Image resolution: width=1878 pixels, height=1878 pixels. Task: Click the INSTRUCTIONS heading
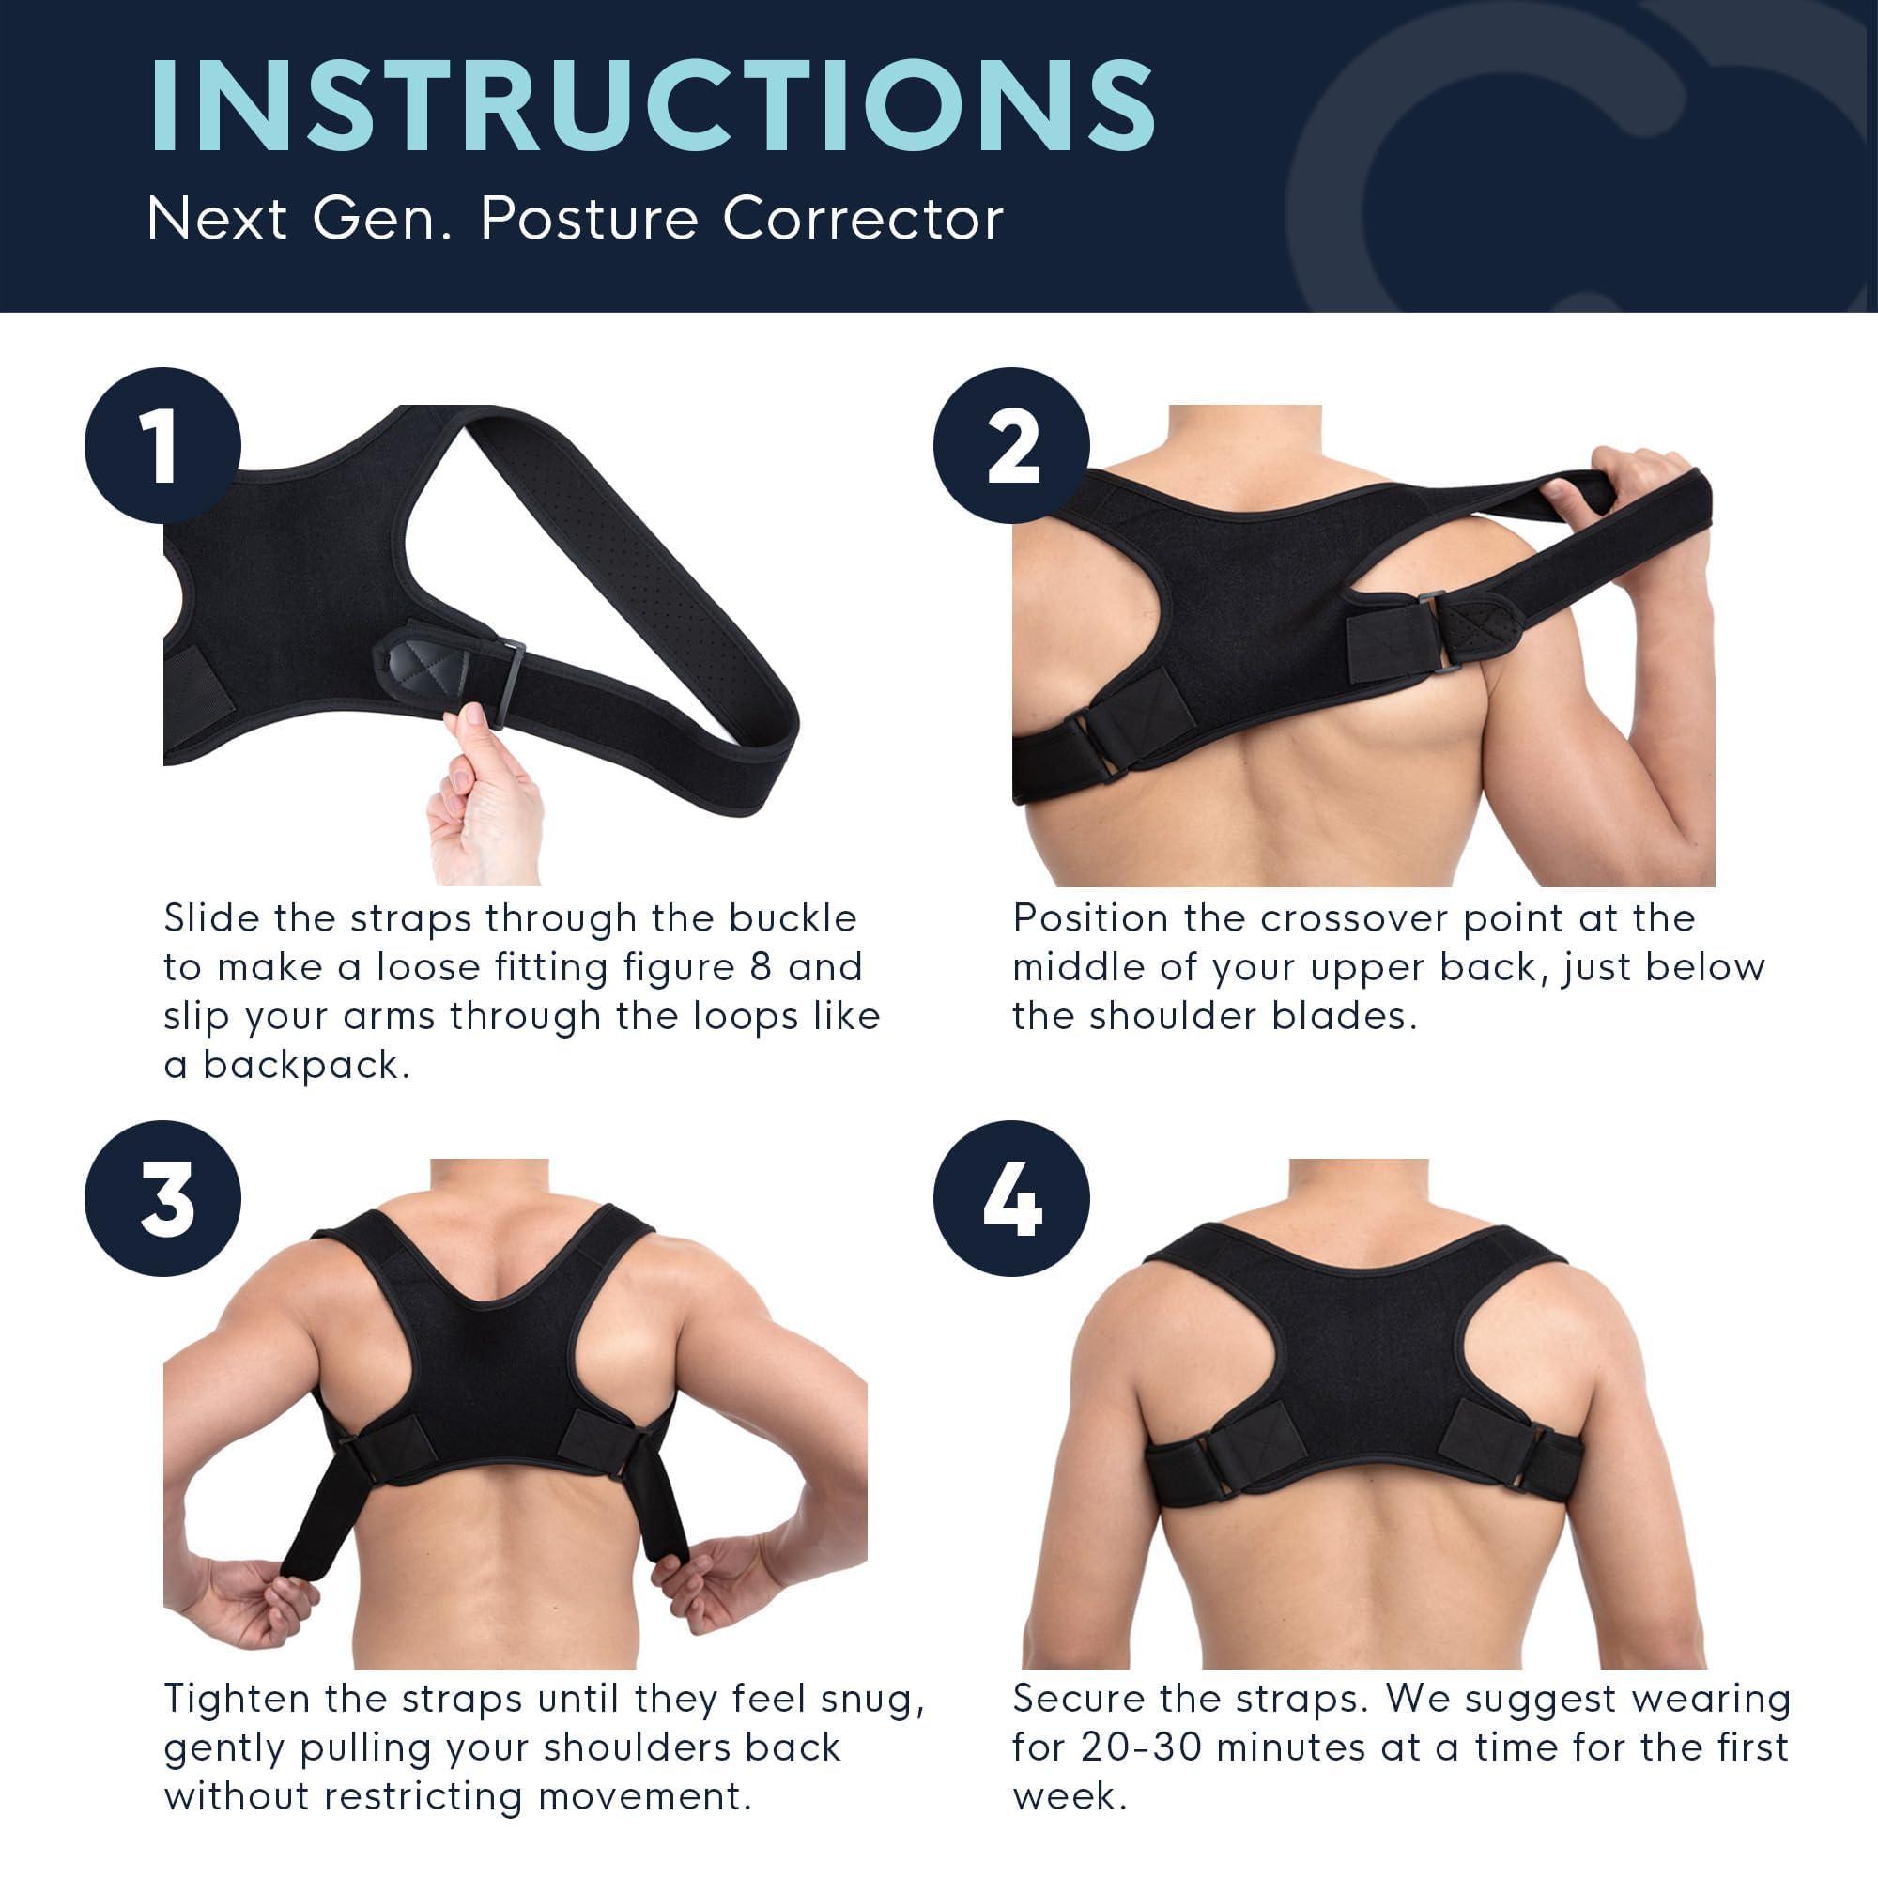pos(653,106)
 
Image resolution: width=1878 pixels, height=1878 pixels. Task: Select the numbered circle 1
pos(162,445)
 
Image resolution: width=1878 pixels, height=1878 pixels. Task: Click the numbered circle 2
pos(1011,445)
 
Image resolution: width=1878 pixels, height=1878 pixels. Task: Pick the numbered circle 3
pos(162,1197)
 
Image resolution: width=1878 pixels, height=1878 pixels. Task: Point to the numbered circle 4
pos(1011,1197)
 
